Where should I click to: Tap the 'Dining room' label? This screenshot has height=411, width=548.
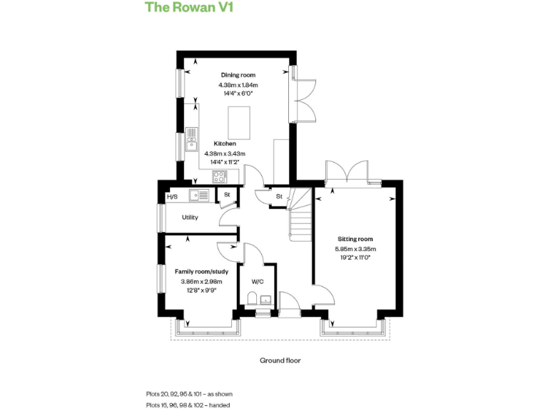(238, 75)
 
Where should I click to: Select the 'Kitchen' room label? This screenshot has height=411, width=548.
(225, 143)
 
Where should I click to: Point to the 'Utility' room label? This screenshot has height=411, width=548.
(190, 218)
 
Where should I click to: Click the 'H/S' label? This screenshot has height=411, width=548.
(171, 197)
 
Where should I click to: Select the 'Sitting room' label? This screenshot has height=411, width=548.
(355, 239)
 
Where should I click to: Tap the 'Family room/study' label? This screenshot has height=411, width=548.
(201, 271)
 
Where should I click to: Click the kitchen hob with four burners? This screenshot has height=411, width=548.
(218, 177)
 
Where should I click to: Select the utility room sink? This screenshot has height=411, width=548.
(199, 195)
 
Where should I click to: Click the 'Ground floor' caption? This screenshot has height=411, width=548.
(280, 360)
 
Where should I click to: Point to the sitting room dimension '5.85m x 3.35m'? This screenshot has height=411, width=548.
(355, 249)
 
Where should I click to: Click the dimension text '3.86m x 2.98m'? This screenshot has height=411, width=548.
(201, 281)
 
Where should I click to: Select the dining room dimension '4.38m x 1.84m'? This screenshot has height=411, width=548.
(238, 85)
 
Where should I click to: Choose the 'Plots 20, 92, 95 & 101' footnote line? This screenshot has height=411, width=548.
(189, 394)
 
